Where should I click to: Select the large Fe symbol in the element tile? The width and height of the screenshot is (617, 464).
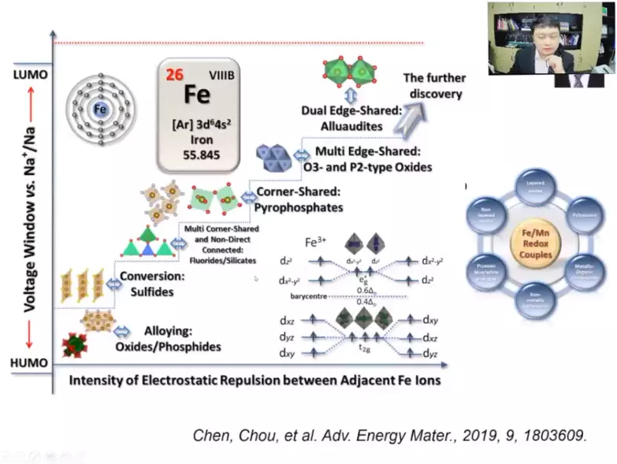point(197,95)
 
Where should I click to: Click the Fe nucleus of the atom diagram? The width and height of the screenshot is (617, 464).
point(99,110)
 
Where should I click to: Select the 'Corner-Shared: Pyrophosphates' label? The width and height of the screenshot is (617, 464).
point(299,200)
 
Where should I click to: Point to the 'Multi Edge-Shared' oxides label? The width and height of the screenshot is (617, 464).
point(370,158)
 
